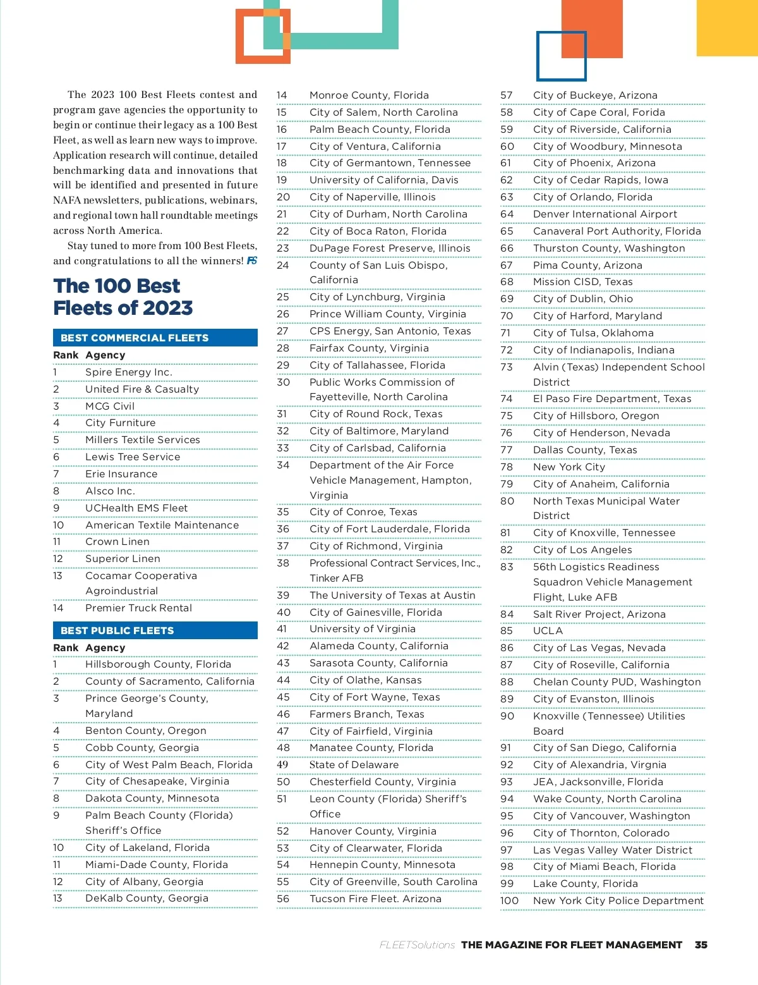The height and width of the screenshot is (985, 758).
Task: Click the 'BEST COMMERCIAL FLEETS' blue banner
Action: click(155, 338)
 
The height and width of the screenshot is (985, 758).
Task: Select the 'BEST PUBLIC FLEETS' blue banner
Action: click(155, 630)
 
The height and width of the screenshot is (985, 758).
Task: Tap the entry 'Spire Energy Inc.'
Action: click(129, 372)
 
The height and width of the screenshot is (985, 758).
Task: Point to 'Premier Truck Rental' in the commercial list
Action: click(139, 608)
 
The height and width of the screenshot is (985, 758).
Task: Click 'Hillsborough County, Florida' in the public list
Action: click(158, 664)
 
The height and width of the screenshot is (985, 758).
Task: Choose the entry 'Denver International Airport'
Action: click(605, 214)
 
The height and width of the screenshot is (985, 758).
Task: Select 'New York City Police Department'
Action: click(618, 901)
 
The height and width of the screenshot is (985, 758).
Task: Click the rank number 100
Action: click(509, 901)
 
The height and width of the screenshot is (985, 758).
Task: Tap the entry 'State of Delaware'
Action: click(354, 765)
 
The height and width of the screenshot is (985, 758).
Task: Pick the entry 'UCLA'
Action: click(548, 631)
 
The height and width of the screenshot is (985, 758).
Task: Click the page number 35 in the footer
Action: click(701, 945)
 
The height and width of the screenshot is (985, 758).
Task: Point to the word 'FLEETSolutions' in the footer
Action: click(417, 945)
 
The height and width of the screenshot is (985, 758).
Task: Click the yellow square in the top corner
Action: click(727, 28)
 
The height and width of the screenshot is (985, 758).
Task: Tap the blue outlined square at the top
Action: click(562, 56)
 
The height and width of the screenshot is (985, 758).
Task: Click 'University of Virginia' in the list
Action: click(363, 629)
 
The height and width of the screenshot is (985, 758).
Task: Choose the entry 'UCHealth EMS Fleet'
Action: click(136, 508)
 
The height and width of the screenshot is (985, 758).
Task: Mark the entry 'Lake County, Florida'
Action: click(585, 884)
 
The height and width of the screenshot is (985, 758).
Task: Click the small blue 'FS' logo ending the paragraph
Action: click(252, 261)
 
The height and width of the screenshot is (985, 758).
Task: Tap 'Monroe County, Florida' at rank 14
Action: click(369, 95)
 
